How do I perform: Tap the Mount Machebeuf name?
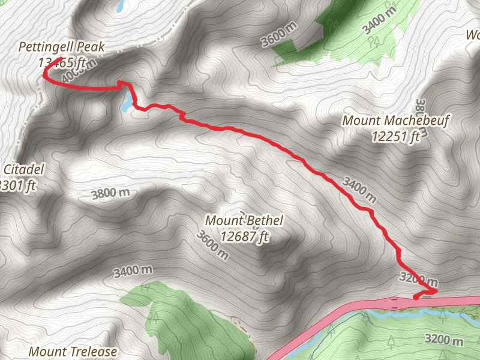pyautogui.click(x=395, y=121)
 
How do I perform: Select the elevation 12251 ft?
pyautogui.click(x=395, y=137)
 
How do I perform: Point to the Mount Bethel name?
pyautogui.click(x=244, y=221)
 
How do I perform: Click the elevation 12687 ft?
pyautogui.click(x=244, y=236)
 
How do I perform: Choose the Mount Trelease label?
pyautogui.click(x=73, y=351)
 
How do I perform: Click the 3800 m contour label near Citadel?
pyautogui.click(x=111, y=193)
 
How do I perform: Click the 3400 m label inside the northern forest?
pyautogui.click(x=380, y=19)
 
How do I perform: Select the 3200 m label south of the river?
pyautogui.click(x=444, y=339)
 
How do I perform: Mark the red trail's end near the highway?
pyautogui.click(x=416, y=296)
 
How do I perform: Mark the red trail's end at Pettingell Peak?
pyautogui.click(x=62, y=59)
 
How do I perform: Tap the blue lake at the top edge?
pyautogui.click(x=121, y=6)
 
